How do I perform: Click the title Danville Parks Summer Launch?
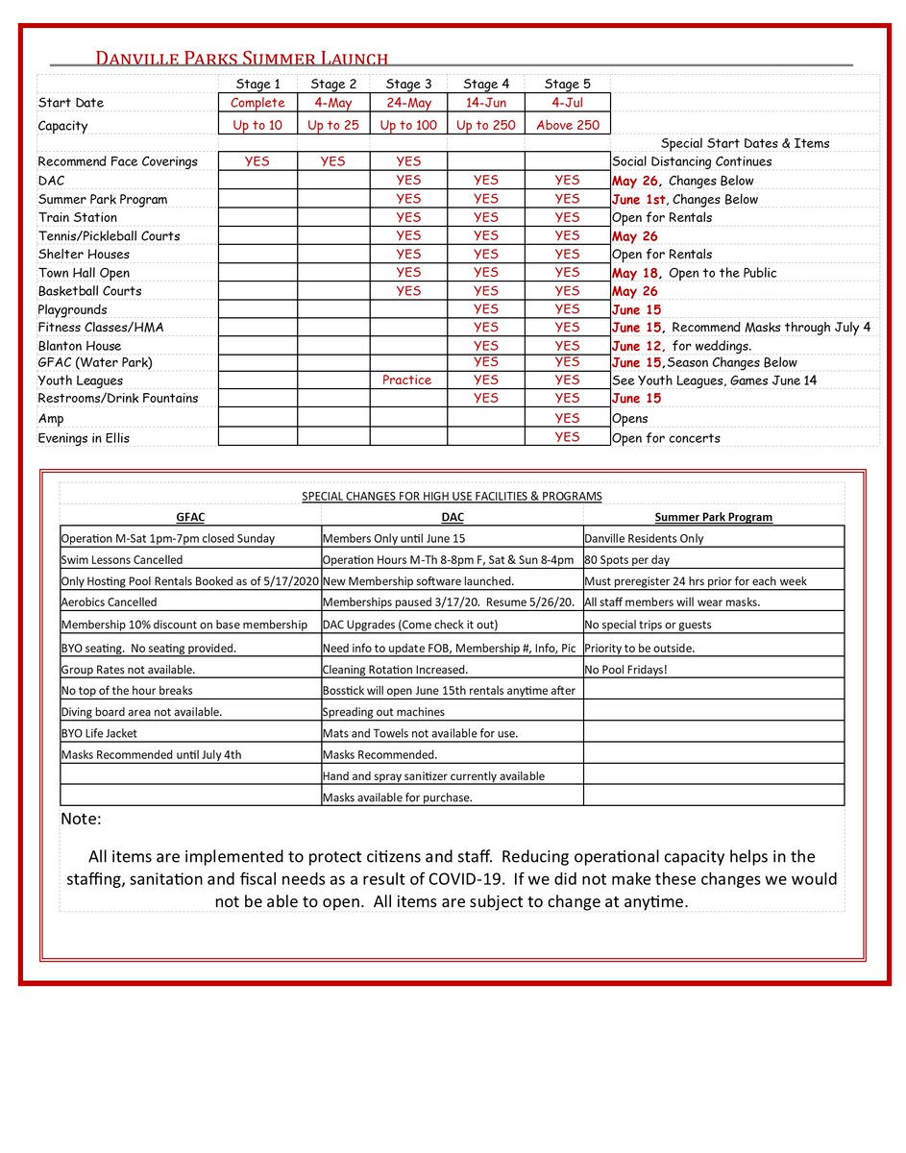241,60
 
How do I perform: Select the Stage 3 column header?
407,85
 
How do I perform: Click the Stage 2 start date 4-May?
332,103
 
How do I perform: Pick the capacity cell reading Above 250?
567,126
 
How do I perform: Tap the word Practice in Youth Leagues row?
407,380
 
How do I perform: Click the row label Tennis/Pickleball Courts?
109,236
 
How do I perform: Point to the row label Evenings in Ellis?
84,438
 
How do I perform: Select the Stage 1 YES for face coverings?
257,162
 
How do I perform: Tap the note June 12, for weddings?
681,346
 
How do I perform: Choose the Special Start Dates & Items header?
745,144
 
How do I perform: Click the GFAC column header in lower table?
190,517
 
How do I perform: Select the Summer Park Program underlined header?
713,517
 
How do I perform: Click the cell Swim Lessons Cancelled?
122,559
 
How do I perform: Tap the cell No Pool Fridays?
625,670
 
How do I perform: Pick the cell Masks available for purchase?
398,797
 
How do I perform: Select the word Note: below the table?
81,820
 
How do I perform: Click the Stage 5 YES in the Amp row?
567,419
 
